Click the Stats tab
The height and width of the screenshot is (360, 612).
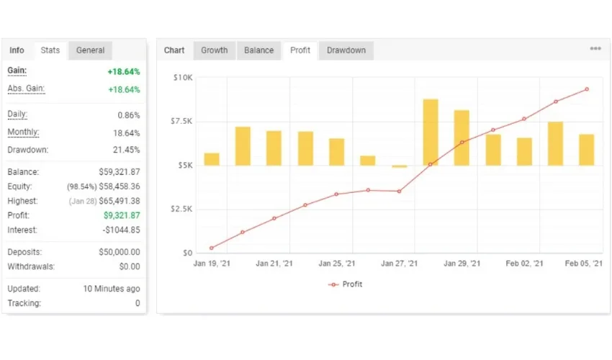coord(50,50)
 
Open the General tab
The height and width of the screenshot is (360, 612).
coord(90,50)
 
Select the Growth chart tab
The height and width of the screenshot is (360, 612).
coord(214,50)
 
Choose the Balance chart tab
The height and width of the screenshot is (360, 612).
coord(258,50)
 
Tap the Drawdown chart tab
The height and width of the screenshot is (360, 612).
coord(346,50)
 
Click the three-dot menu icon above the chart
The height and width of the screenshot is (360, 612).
coord(595,49)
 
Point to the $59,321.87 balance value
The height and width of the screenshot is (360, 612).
coord(120,172)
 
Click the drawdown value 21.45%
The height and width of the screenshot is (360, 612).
coord(128,150)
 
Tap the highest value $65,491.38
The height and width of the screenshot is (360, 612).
coord(120,201)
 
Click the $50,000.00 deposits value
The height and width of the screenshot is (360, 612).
coord(120,253)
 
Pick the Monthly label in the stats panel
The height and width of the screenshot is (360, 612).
coord(23,132)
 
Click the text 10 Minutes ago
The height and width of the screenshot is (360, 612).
coord(112,289)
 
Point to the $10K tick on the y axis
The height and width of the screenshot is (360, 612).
coord(181,77)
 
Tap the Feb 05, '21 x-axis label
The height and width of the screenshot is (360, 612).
coord(584,264)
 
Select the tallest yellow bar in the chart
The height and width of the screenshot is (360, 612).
coord(431,132)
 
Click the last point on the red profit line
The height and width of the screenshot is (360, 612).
coord(587,89)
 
